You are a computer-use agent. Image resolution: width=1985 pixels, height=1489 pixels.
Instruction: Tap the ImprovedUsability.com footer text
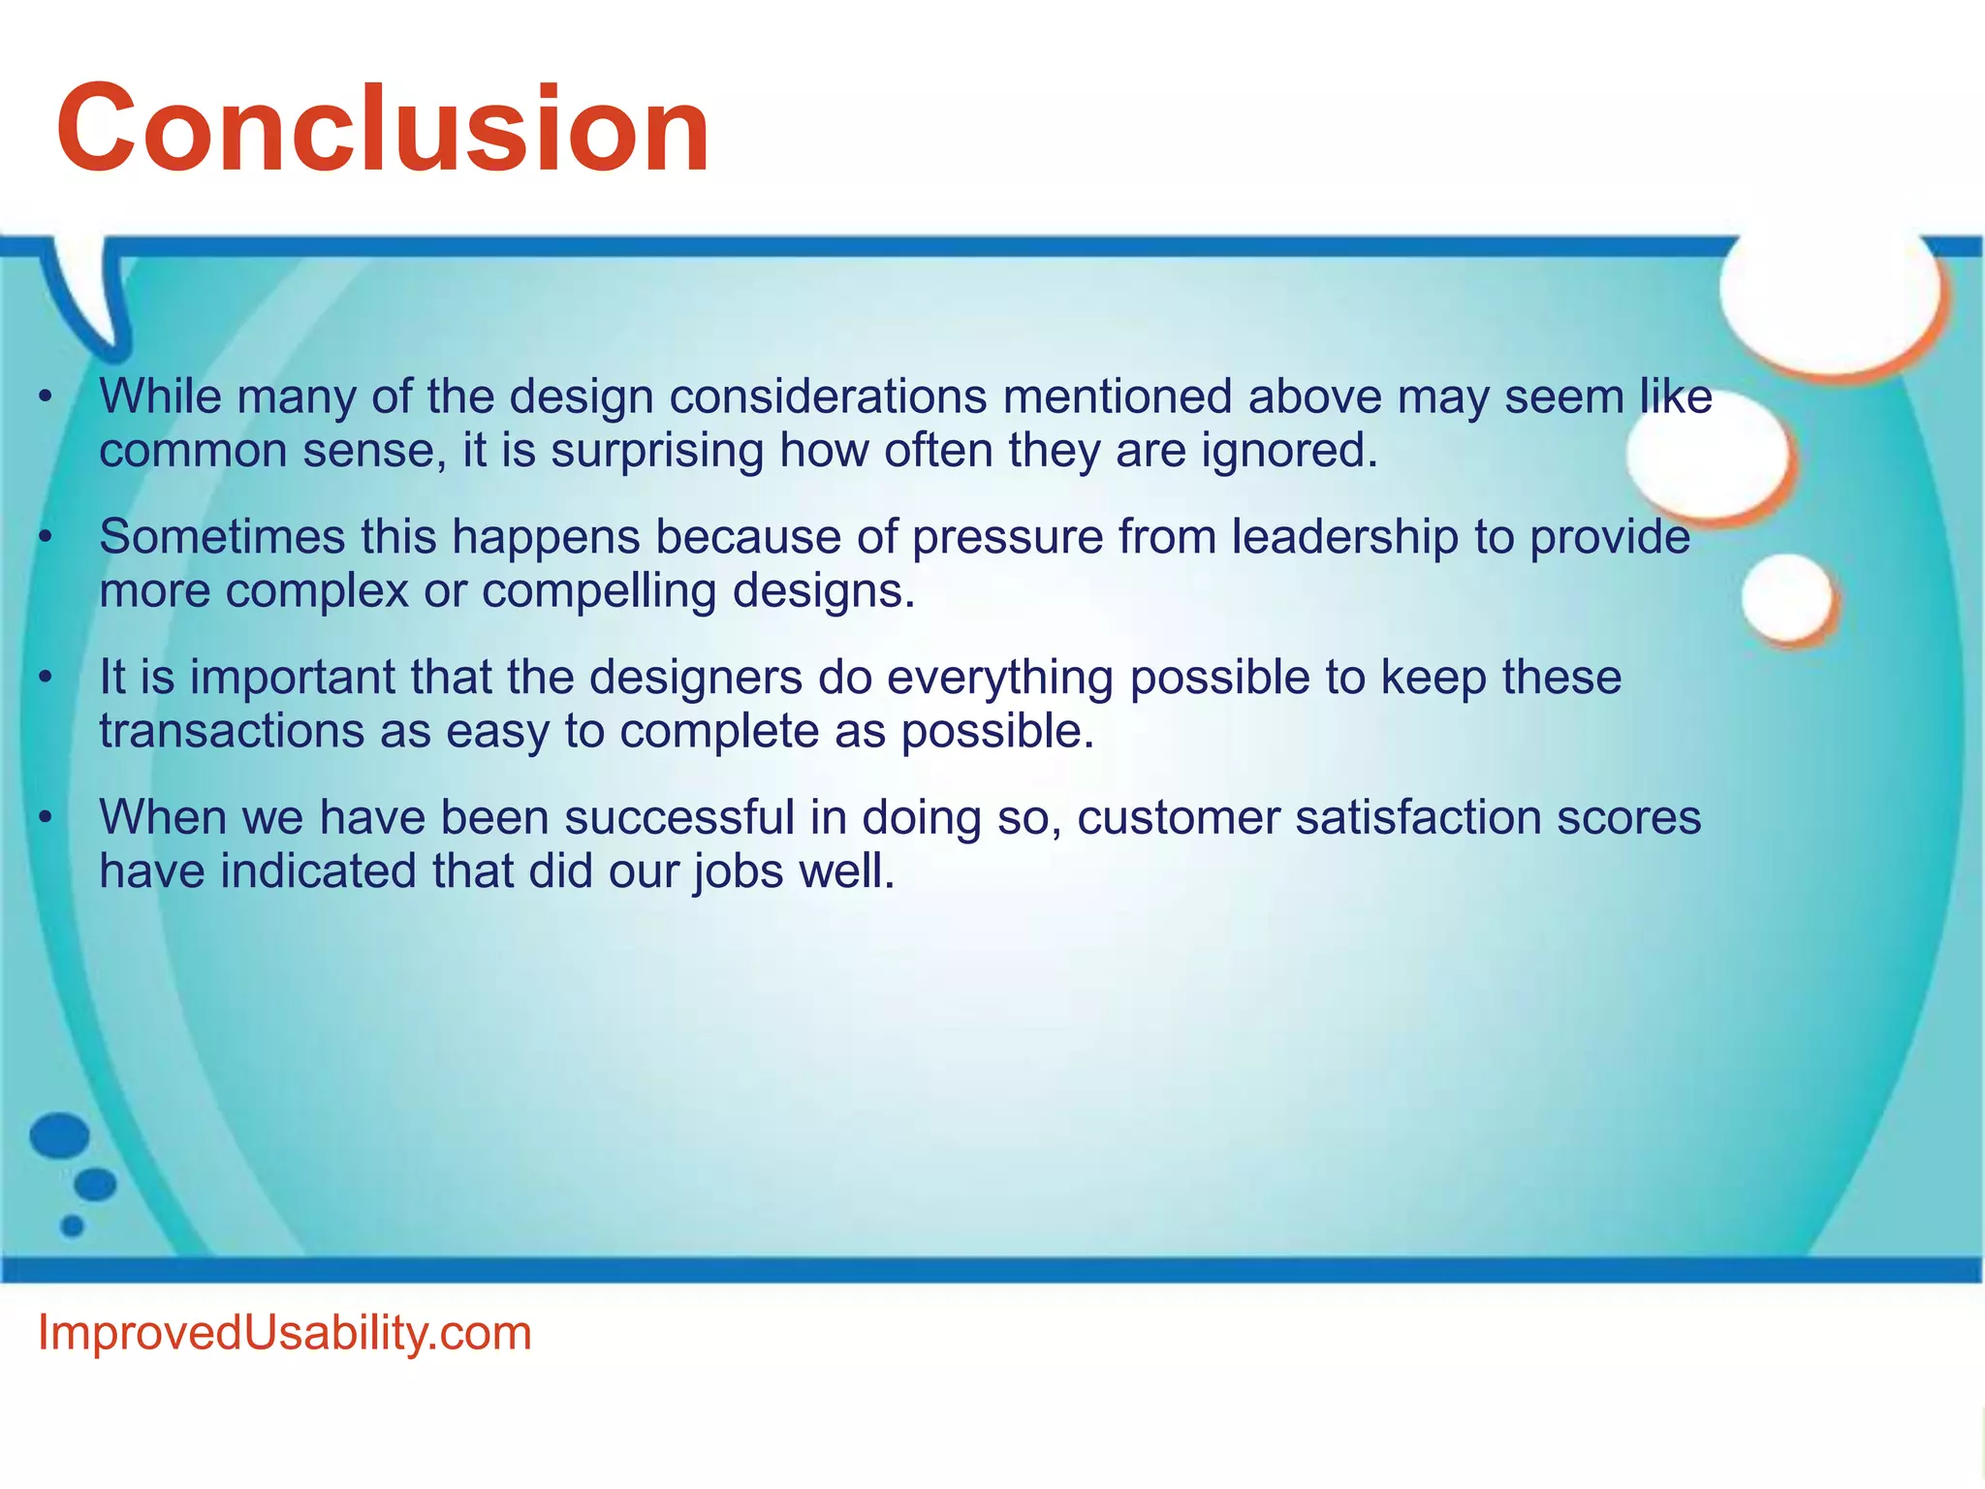tap(284, 1333)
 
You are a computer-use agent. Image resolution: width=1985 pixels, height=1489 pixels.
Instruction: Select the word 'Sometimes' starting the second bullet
tap(222, 537)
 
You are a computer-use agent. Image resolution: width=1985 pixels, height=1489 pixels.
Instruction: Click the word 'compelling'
tap(598, 591)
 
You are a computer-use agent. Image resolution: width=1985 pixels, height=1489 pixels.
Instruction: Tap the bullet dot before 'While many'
tap(45, 396)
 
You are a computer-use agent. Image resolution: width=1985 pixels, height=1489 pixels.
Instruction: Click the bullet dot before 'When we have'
tap(45, 817)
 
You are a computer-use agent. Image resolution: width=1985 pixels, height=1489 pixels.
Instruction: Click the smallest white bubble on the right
tap(1788, 597)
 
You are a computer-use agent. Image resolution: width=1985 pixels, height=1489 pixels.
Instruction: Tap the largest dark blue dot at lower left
tap(60, 1135)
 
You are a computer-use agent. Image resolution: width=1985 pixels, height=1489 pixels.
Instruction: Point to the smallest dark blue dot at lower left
tap(73, 1226)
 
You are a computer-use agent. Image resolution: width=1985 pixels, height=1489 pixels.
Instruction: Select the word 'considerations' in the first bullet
tap(828, 396)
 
